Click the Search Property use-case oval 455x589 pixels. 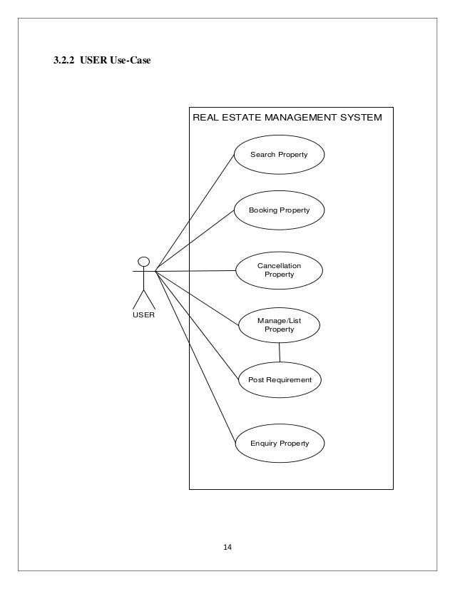[279, 155]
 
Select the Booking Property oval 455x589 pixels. [279, 211]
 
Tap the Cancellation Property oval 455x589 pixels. [279, 270]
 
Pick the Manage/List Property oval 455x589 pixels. [279, 325]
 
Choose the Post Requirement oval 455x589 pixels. [279, 380]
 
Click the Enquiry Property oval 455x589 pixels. [279, 444]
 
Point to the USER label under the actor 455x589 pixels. [144, 314]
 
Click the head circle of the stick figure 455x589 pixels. [143, 260]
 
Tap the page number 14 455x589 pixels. [227, 547]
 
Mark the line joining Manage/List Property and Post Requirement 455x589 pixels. [280, 353]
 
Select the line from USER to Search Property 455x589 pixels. [195, 212]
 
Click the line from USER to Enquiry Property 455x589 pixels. [195, 357]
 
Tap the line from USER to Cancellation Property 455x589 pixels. [195, 271]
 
